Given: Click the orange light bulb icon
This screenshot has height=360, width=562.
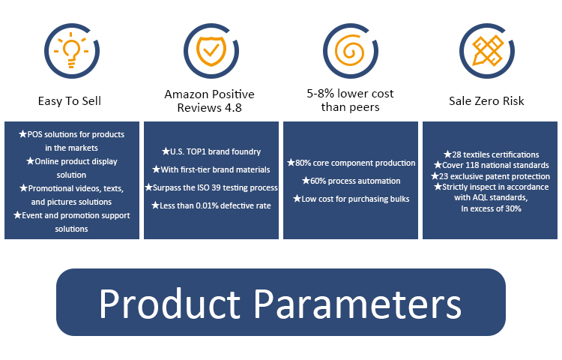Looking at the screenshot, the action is click(x=71, y=50).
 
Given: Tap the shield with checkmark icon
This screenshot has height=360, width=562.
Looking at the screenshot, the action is click(x=211, y=51).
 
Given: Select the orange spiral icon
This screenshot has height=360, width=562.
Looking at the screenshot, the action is click(x=349, y=50).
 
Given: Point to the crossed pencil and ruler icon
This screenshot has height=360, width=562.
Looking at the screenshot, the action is click(x=488, y=50).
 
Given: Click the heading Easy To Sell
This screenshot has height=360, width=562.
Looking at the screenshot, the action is click(x=70, y=101).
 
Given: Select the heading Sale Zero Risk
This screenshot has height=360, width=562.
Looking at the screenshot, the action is click(x=486, y=101).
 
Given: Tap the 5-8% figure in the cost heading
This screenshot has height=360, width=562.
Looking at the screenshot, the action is click(x=321, y=94).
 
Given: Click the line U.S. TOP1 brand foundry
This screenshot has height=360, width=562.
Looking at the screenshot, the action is click(x=211, y=151).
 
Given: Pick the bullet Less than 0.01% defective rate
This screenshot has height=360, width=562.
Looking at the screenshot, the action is click(x=211, y=205).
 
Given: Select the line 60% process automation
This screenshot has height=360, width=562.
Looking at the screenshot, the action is click(x=351, y=181).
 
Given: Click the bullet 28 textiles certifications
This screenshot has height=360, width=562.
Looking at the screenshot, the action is click(x=491, y=154).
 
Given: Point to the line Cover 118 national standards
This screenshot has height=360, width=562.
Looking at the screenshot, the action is click(x=491, y=165).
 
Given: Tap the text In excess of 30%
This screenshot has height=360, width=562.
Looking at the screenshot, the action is click(x=491, y=208).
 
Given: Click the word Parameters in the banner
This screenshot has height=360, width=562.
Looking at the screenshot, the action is click(x=357, y=303).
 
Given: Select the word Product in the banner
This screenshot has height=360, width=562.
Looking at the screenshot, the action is click(x=169, y=303).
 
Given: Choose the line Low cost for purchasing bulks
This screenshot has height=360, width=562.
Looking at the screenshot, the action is click(x=351, y=199).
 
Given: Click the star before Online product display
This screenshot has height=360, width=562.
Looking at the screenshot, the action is click(x=30, y=161).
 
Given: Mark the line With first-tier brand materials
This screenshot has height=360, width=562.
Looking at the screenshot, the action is click(x=211, y=169).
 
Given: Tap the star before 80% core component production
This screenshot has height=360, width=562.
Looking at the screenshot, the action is click(x=291, y=163).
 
